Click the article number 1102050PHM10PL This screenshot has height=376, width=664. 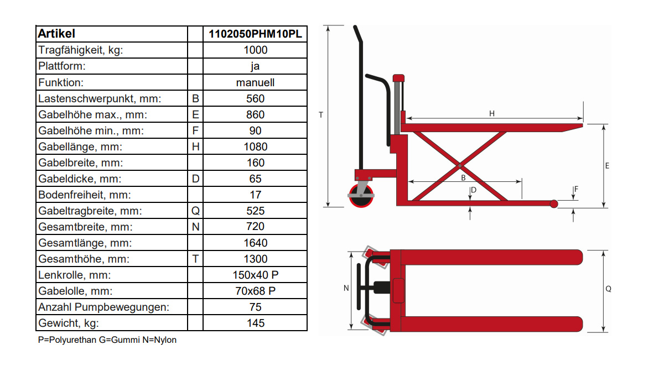[255, 34]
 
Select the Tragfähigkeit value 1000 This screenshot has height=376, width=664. [255, 50]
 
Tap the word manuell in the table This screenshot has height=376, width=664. [255, 82]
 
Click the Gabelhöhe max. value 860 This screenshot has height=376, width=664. [255, 114]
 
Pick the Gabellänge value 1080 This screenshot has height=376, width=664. [255, 147]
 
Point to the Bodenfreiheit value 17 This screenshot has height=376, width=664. [255, 195]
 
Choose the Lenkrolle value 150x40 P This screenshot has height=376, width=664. [255, 275]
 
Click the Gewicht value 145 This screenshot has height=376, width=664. [255, 323]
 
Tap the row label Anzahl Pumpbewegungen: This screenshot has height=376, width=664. [103, 307]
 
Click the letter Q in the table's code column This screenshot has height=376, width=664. [195, 211]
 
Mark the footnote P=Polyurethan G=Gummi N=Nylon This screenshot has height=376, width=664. [107, 340]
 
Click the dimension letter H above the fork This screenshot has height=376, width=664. [491, 114]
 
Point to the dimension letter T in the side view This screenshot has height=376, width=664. [321, 115]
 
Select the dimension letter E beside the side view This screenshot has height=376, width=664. [608, 166]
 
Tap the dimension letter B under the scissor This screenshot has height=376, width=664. [463, 177]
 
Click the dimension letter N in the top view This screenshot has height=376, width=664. [346, 288]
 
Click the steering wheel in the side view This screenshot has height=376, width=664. [360, 196]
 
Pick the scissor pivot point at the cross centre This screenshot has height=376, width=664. [460, 165]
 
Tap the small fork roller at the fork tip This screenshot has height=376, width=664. [553, 205]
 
